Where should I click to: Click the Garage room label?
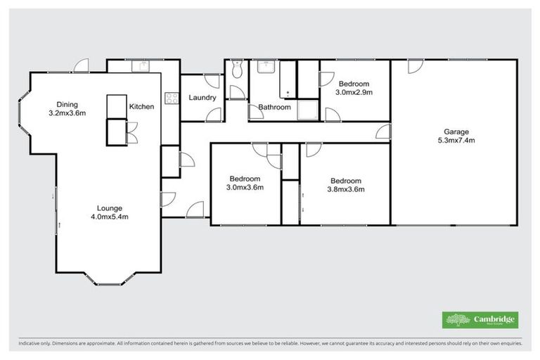(x=456, y=131)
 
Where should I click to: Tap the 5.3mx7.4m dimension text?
(x=456, y=140)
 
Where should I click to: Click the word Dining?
(x=67, y=105)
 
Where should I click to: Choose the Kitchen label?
(x=141, y=106)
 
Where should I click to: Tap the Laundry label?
(x=202, y=98)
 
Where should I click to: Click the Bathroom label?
(x=274, y=108)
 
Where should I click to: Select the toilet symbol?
(x=237, y=69)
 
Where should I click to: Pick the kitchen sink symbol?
(x=143, y=66)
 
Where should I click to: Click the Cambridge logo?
(x=480, y=320)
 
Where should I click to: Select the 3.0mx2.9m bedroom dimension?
(x=354, y=92)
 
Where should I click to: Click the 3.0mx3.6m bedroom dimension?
(x=245, y=188)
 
